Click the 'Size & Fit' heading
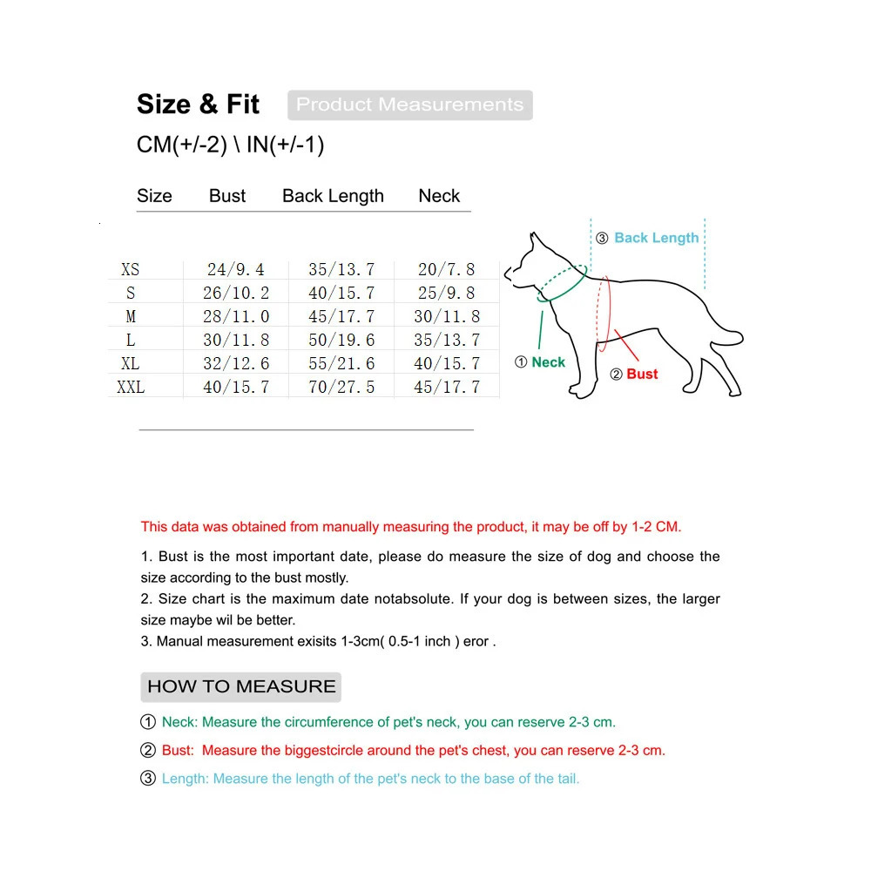click(198, 105)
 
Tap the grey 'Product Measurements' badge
click(409, 105)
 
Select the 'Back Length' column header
click(333, 196)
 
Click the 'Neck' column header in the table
click(439, 196)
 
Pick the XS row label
click(130, 270)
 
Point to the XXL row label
click(130, 387)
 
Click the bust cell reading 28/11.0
click(236, 317)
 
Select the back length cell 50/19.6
click(341, 341)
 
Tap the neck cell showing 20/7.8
click(447, 270)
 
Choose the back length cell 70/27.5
click(341, 387)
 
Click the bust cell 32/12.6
click(236, 363)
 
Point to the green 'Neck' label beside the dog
click(548, 362)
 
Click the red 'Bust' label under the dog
click(642, 374)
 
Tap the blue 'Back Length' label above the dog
click(656, 238)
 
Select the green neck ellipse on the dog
click(561, 285)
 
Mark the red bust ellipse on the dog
click(604, 314)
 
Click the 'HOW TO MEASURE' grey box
click(241, 686)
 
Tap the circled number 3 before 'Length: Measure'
click(148, 779)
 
